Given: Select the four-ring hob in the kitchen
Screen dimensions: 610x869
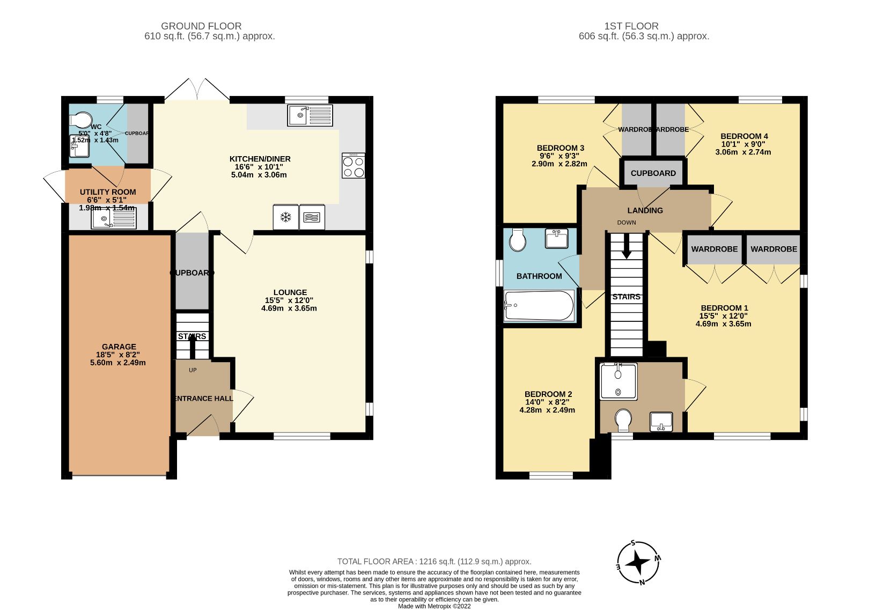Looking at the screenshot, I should (x=353, y=166).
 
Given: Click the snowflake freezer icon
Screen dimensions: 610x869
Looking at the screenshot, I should (x=286, y=217).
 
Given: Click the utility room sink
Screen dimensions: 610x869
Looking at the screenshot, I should (x=113, y=218).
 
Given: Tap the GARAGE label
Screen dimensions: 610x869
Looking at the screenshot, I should (x=119, y=347).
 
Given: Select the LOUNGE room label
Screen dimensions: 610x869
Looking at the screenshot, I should (x=290, y=292).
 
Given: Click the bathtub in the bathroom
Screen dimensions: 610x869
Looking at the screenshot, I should (x=539, y=306).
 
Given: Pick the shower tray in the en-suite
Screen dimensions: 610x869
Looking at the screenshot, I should (x=618, y=381).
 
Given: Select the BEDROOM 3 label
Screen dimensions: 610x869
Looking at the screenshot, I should (x=560, y=148).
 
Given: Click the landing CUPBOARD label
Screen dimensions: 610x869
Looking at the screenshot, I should (x=653, y=173).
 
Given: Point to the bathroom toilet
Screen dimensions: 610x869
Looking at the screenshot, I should (x=518, y=240).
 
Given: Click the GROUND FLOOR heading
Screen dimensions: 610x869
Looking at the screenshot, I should (x=201, y=26).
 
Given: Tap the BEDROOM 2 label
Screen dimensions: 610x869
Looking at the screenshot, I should (x=547, y=394).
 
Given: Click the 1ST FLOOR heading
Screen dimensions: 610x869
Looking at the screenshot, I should (x=631, y=26).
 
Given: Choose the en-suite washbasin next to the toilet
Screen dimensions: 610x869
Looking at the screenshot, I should (x=661, y=421).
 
